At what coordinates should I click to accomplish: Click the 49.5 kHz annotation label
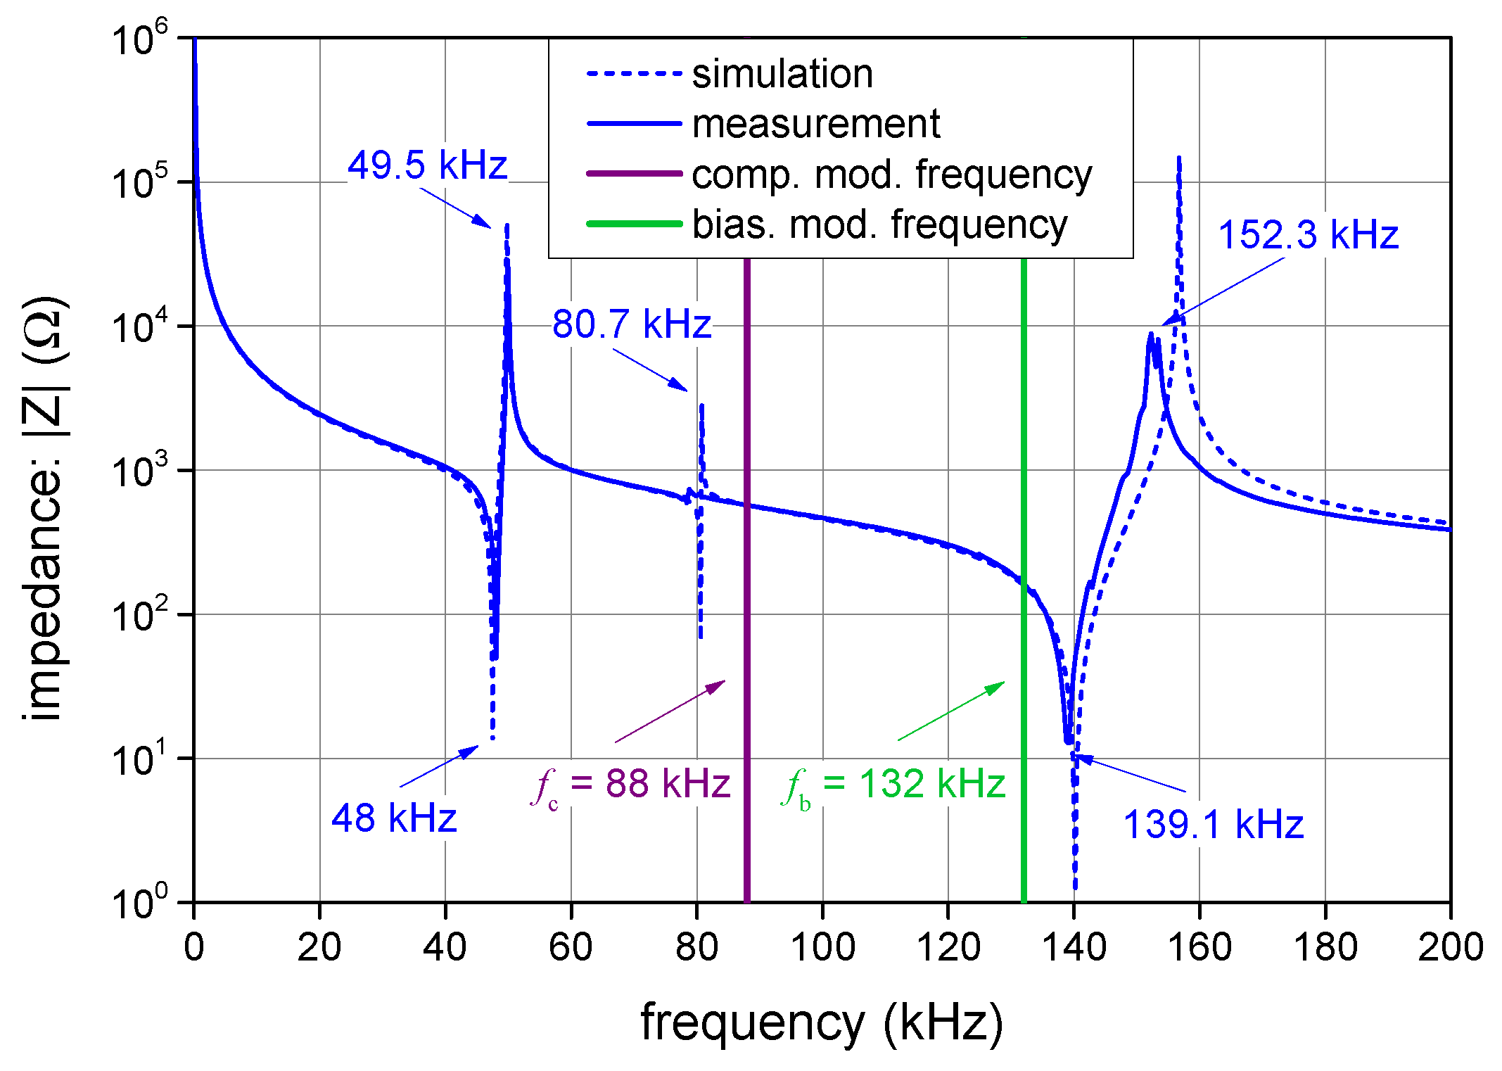(427, 165)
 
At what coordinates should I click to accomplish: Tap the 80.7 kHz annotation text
(631, 324)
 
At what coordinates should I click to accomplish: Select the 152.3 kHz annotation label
(1308, 234)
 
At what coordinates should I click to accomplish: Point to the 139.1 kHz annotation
(1213, 824)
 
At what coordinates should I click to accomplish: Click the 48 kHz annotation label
(394, 818)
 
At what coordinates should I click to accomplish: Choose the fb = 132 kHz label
(893, 784)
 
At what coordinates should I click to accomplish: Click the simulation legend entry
(782, 74)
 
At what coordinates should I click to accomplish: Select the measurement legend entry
(815, 124)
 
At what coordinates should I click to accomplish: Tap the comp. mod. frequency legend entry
(891, 174)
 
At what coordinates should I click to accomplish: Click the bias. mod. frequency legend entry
(879, 224)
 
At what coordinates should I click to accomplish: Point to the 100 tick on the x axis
(822, 947)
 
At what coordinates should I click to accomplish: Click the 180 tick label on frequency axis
(1325, 947)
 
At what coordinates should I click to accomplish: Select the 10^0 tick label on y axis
(141, 901)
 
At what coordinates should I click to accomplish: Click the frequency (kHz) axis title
(821, 1022)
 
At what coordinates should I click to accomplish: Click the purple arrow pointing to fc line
(670, 711)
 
